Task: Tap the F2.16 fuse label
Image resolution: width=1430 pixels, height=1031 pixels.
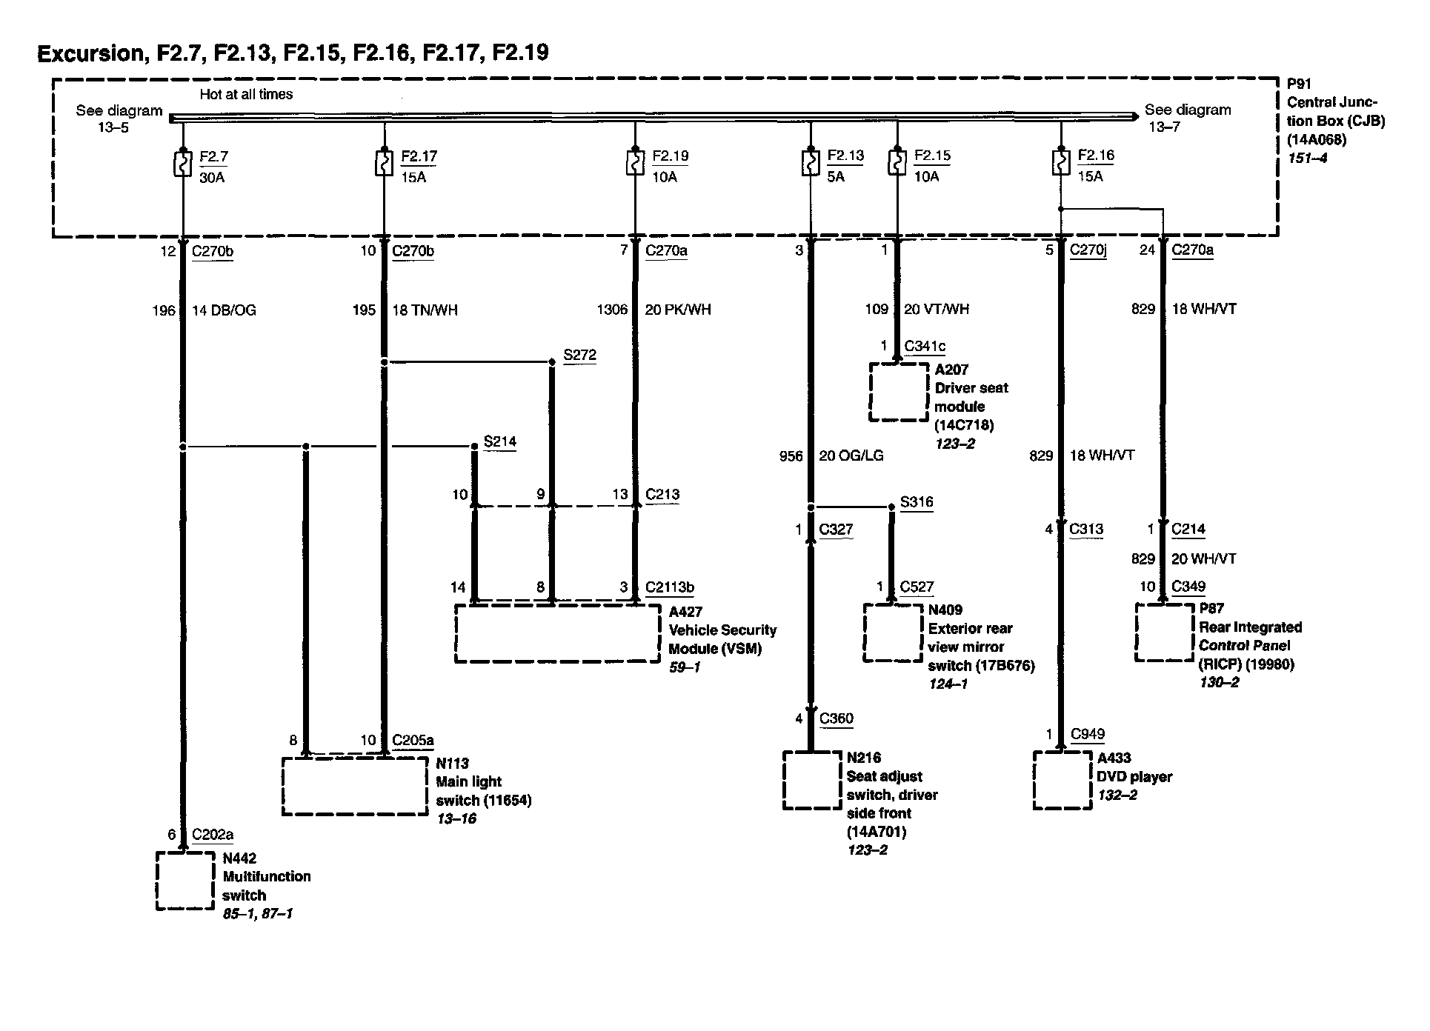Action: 1096,156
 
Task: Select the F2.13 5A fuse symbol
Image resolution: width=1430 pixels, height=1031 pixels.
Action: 810,163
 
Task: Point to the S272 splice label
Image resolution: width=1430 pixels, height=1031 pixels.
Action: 579,355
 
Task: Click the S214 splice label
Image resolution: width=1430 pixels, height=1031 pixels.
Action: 499,441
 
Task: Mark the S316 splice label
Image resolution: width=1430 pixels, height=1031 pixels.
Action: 916,502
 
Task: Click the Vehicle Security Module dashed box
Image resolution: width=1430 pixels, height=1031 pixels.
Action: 557,634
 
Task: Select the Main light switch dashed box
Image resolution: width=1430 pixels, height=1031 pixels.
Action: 356,786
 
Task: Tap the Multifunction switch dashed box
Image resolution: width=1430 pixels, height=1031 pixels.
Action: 185,881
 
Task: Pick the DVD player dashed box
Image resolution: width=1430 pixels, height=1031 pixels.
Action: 1062,781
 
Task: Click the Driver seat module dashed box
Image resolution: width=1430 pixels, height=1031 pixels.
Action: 898,392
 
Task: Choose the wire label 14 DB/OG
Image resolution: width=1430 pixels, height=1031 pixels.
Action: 224,310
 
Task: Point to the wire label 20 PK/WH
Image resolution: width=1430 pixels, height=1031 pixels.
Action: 677,310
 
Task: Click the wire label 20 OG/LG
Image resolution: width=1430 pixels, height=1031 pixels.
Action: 851,456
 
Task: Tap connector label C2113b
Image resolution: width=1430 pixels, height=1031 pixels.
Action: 669,587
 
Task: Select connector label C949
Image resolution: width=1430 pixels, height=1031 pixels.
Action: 1087,734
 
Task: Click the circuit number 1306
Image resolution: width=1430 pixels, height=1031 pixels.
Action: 612,310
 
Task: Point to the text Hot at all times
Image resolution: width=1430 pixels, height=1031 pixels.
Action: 246,95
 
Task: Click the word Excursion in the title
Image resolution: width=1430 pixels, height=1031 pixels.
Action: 90,53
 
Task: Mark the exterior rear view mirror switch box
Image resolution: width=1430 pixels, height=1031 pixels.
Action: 893,633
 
